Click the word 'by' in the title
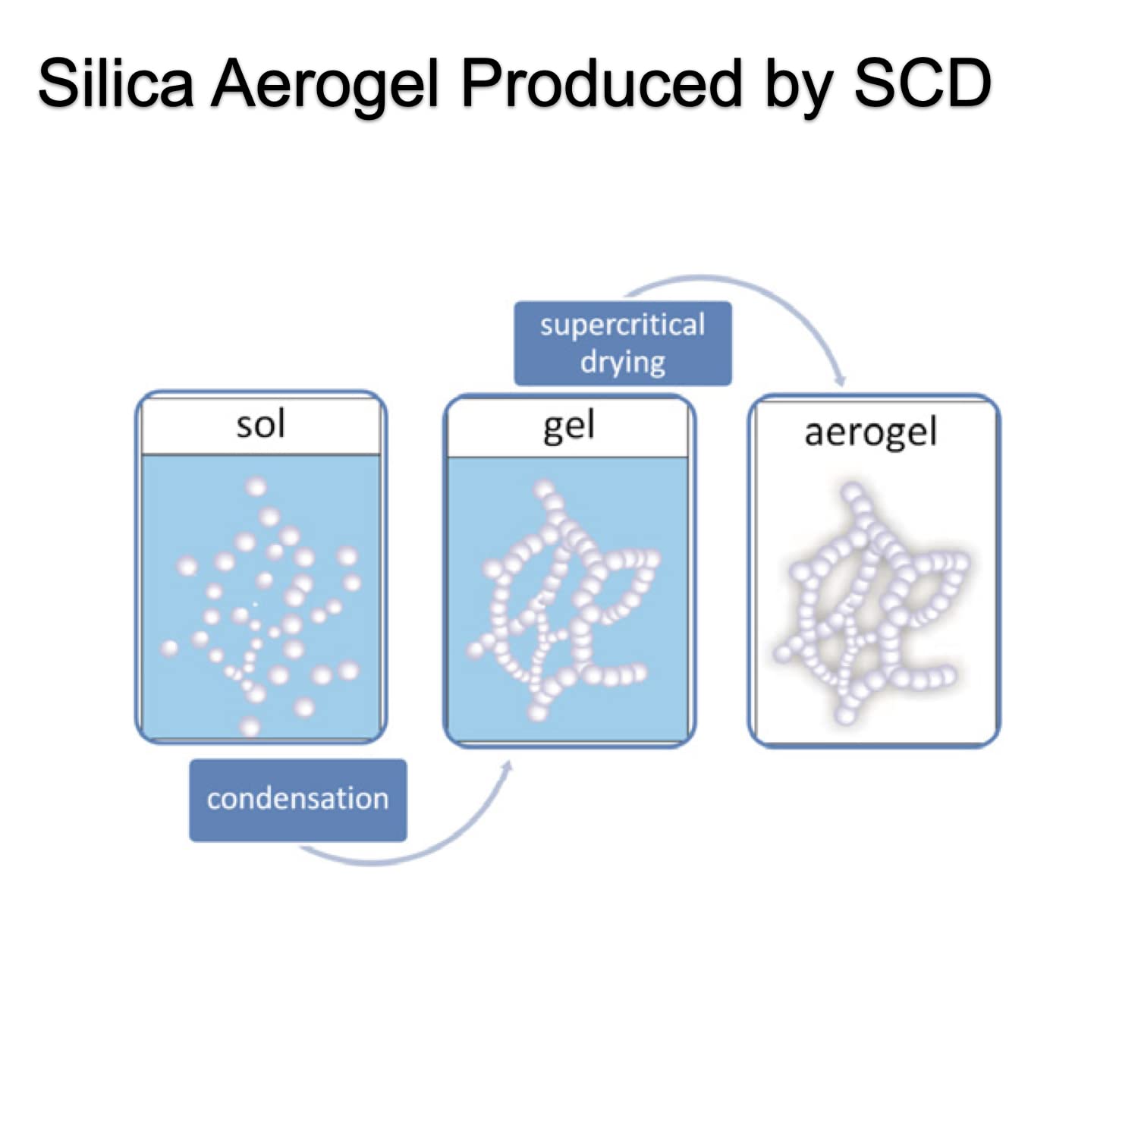coord(797,86)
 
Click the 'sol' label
coord(260,424)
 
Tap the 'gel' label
coord(569,427)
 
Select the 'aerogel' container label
coord(870,433)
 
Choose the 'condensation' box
coord(298,800)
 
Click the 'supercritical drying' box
coord(623,344)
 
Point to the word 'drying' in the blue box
coord(623,363)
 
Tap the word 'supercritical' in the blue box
coord(623,325)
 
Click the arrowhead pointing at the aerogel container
coord(839,379)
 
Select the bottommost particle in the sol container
coord(250,728)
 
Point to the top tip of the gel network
coord(544,489)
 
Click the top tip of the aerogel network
coord(852,492)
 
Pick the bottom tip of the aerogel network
coord(844,715)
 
